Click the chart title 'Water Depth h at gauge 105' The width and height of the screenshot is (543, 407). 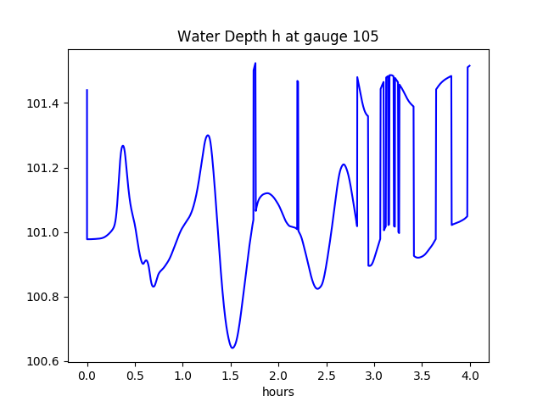(277, 37)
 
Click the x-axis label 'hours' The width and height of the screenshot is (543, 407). (278, 393)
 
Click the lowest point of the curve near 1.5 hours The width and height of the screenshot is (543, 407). (232, 348)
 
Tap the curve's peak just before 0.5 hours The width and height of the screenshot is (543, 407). (123, 146)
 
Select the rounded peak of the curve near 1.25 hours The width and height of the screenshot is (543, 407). (207, 136)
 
